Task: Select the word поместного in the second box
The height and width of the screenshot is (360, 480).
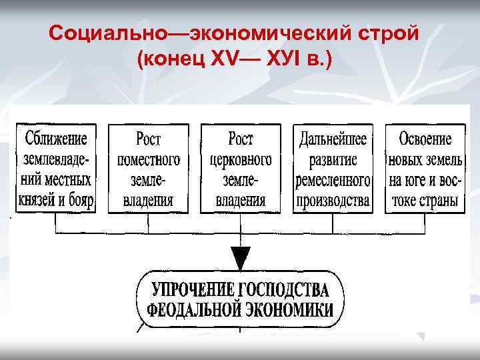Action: pyautogui.click(x=148, y=160)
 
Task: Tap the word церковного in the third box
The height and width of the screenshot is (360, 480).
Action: pyautogui.click(x=241, y=160)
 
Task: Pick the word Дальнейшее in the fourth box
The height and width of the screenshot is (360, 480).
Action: pyautogui.click(x=333, y=140)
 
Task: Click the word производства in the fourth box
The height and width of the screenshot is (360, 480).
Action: pyautogui.click(x=333, y=200)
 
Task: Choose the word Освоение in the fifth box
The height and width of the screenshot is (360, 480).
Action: pyautogui.click(x=425, y=140)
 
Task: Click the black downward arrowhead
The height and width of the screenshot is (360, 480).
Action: pyautogui.click(x=241, y=257)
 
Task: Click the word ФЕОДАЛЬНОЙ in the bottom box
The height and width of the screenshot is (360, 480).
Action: pyautogui.click(x=194, y=311)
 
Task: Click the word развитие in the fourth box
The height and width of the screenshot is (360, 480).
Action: pyautogui.click(x=333, y=160)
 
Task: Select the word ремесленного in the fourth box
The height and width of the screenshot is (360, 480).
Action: pyautogui.click(x=333, y=180)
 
